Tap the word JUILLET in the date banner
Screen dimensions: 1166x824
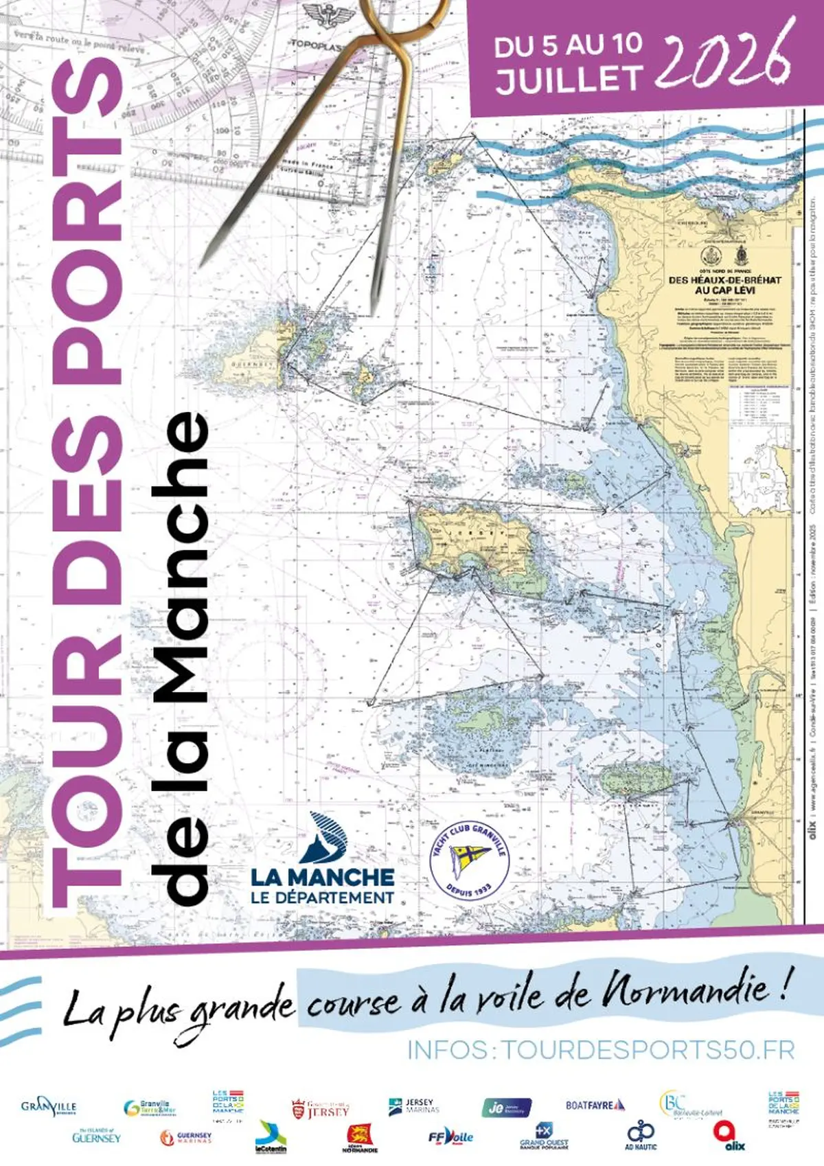tap(569, 79)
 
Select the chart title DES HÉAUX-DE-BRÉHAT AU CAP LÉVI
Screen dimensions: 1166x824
tap(724, 285)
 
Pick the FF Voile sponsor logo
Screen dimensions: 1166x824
tap(450, 1136)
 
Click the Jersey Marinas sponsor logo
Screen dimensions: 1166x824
tap(413, 1106)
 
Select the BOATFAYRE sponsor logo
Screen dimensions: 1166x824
tap(595, 1106)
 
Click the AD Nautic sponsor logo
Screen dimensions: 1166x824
tap(641, 1136)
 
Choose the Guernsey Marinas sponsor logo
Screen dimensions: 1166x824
tap(185, 1137)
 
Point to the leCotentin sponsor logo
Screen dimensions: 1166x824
tap(271, 1137)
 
